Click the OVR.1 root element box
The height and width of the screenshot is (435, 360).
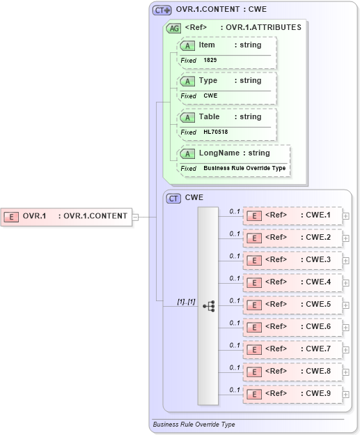(x=67, y=216)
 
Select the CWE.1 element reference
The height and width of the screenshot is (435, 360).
(x=292, y=215)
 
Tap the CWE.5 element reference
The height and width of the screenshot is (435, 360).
(x=292, y=305)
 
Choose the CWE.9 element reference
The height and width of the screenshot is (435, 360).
(x=292, y=394)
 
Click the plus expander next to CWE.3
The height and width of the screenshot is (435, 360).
(x=346, y=261)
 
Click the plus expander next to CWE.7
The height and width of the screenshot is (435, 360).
(x=346, y=350)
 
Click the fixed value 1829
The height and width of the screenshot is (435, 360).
(x=210, y=61)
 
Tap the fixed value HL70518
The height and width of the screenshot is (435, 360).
(x=215, y=132)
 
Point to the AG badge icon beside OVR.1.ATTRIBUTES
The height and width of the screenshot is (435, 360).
(x=173, y=28)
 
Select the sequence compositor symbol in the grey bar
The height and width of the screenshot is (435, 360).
(x=208, y=305)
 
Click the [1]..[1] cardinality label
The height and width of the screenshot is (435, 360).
(x=186, y=301)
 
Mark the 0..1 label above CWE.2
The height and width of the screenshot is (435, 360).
(x=235, y=234)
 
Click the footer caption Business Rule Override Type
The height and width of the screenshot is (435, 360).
(x=194, y=424)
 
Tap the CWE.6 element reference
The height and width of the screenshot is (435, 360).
(x=292, y=327)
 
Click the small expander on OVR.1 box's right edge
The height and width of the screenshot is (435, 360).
(x=136, y=216)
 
